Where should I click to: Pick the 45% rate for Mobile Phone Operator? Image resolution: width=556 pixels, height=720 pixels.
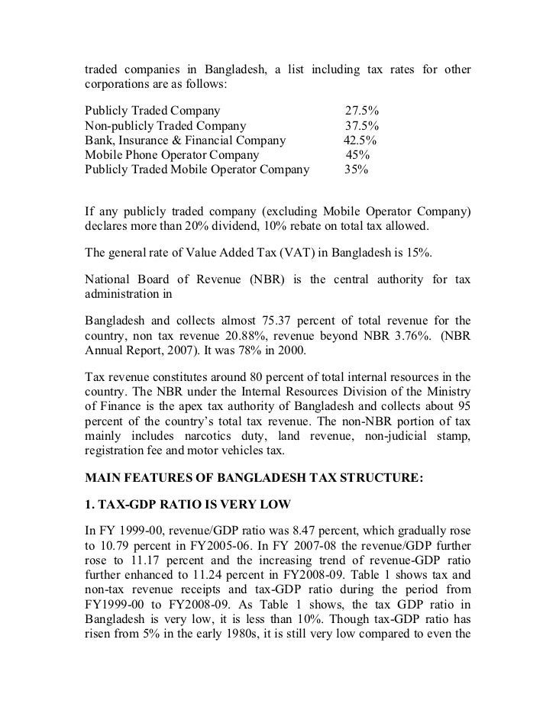(358, 155)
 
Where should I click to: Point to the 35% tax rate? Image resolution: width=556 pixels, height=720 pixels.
(356, 170)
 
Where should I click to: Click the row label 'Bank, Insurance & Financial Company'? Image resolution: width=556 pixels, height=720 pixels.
(185, 140)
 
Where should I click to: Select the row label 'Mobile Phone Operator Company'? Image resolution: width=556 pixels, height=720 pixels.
(171, 155)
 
